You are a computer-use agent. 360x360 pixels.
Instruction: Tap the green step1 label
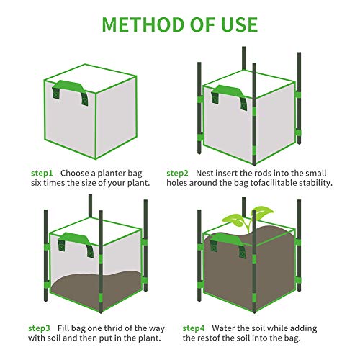[42, 173]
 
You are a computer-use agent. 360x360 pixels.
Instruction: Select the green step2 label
[177, 173]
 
